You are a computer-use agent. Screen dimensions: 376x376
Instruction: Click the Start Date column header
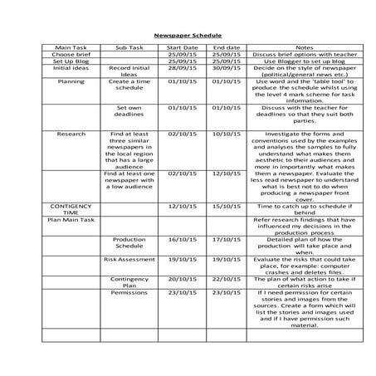pos(183,48)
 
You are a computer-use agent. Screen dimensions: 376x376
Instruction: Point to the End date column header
pos(226,48)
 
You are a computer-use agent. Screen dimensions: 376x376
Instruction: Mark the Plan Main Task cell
pos(71,220)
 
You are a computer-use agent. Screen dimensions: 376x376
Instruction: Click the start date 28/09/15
pos(183,68)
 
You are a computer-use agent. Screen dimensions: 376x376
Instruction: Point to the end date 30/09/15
pos(226,68)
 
